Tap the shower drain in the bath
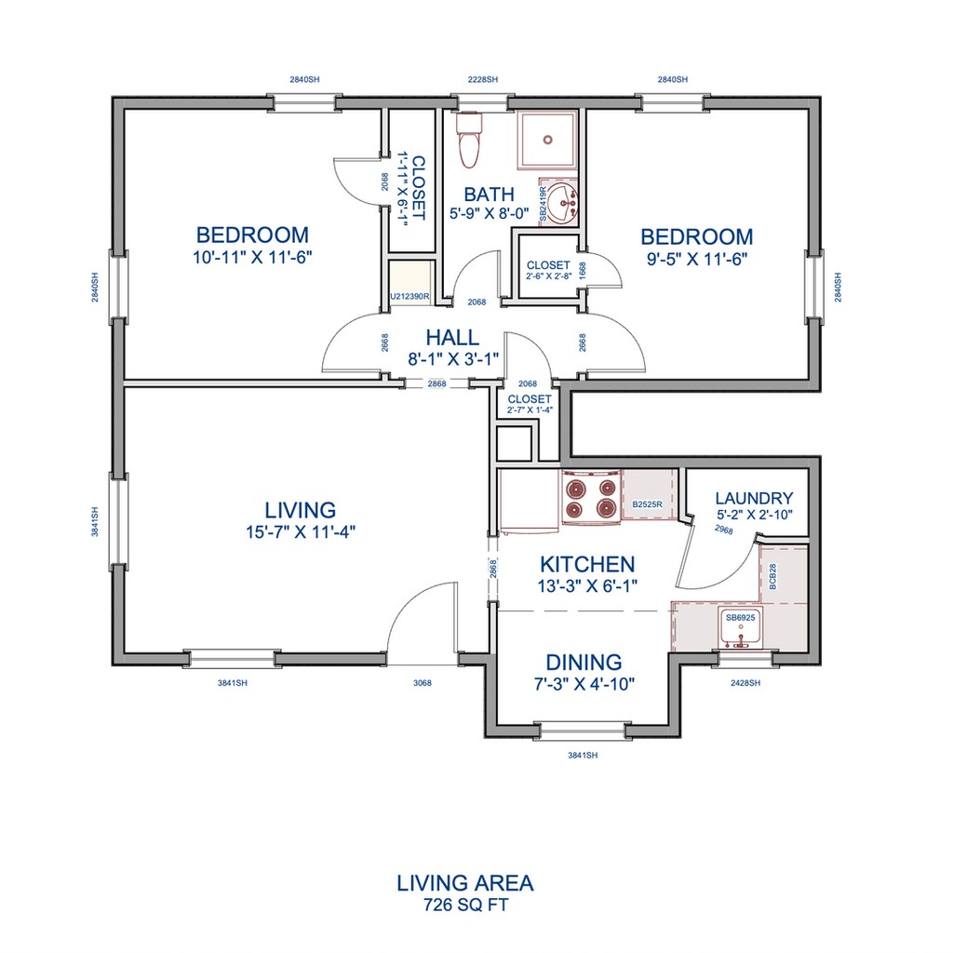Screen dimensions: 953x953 pos(547,140)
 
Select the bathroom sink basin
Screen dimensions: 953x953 pos(562,203)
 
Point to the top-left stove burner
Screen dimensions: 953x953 pos(574,488)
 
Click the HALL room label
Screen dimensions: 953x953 pos(452,337)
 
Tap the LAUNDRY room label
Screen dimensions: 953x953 pos(754,499)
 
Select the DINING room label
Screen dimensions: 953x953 pos(584,662)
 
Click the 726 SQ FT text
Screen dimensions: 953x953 pos(465,905)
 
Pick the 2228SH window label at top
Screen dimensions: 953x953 pos(483,80)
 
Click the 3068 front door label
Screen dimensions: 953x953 pos(423,683)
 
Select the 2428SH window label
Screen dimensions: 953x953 pos(745,683)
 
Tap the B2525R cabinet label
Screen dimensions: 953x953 pos(648,504)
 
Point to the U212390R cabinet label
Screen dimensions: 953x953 pos(410,297)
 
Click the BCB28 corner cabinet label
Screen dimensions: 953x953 pos(772,576)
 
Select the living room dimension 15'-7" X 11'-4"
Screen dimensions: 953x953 pos(301,532)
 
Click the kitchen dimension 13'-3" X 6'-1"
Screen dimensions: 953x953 pos(587,586)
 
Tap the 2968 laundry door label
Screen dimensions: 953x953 pos(724,530)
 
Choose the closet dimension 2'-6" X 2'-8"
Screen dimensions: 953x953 pos(549,275)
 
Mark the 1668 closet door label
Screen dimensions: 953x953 pos(583,270)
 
